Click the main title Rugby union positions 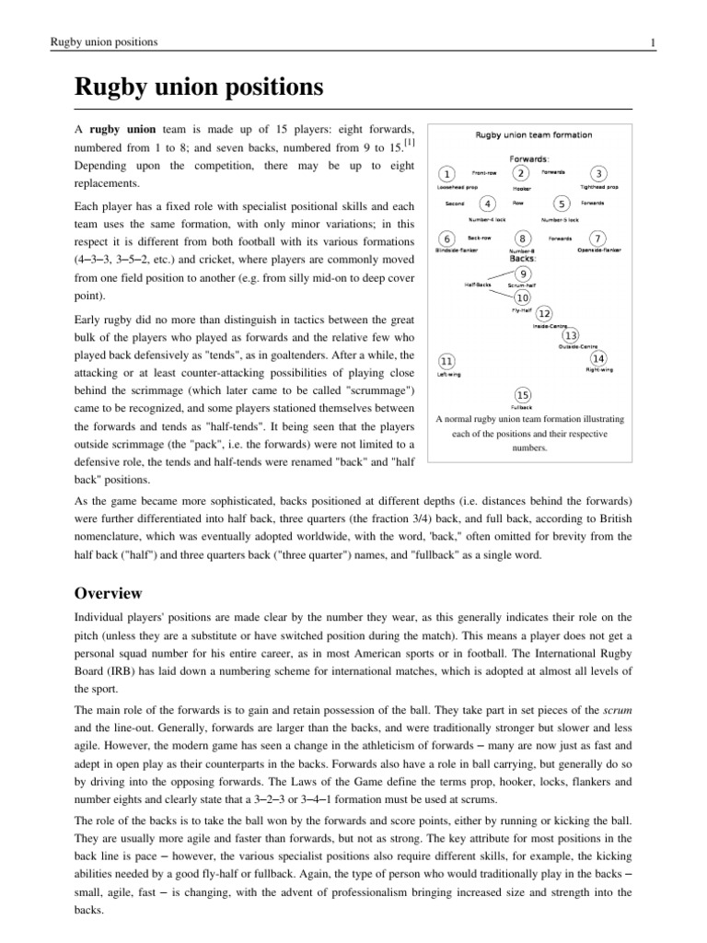(199, 88)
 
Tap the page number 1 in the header (652, 42)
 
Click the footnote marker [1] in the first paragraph (408, 142)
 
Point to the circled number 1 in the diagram (446, 174)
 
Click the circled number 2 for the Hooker (521, 173)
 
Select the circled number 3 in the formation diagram (599, 174)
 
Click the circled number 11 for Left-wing (446, 360)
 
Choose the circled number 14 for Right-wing (598, 357)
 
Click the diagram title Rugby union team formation (533, 134)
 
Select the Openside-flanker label (598, 250)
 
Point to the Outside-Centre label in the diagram (578, 346)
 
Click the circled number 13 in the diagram (572, 335)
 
